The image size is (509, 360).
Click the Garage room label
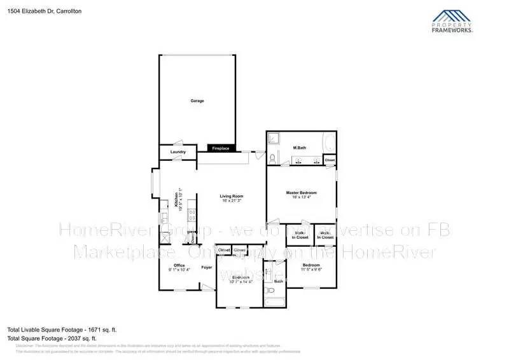click(x=197, y=100)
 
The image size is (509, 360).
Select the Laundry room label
click(x=178, y=152)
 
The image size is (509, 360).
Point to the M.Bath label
click(x=300, y=148)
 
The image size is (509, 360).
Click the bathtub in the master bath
click(x=329, y=142)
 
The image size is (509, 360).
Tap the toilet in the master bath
click(x=273, y=158)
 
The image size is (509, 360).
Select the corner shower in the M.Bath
click(x=273, y=137)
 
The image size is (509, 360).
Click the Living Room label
click(x=232, y=196)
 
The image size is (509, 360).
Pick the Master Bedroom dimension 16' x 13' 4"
click(x=300, y=197)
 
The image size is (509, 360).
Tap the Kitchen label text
click(x=177, y=200)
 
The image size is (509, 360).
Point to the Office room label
click(x=179, y=265)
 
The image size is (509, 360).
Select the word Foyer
click(x=206, y=267)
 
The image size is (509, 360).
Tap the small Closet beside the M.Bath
click(x=329, y=160)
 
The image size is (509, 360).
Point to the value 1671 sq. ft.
click(x=101, y=329)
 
